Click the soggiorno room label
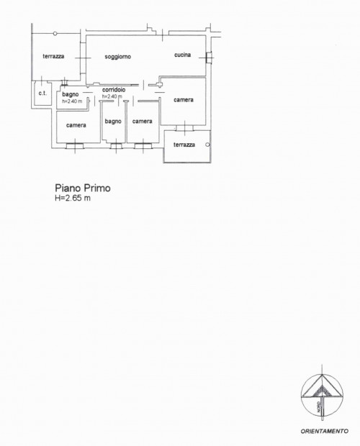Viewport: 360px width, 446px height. click(x=118, y=57)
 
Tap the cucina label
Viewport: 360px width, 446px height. click(x=182, y=55)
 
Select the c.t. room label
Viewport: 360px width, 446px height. click(x=42, y=93)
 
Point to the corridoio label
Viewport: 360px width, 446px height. click(x=114, y=90)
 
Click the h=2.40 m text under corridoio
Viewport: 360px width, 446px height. click(x=112, y=96)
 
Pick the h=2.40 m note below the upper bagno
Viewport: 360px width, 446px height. click(x=72, y=101)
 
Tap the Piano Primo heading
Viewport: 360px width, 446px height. click(x=83, y=188)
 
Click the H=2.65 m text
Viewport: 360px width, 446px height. click(x=73, y=199)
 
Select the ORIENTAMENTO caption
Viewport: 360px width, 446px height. click(x=325, y=431)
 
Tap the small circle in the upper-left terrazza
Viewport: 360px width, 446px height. click(x=55, y=34)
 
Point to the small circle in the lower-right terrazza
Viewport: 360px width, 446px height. click(x=207, y=145)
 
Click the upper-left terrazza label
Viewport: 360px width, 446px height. click(x=53, y=56)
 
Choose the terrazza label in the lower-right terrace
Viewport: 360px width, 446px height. click(x=184, y=145)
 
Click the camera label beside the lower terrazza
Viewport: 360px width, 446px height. click(x=184, y=100)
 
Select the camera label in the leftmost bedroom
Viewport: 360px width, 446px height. click(x=76, y=125)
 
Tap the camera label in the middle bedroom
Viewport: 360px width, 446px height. click(x=143, y=122)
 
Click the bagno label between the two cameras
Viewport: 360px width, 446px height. click(x=113, y=122)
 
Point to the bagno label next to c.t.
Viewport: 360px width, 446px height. click(x=71, y=94)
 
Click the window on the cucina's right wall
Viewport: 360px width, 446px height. click(x=209, y=58)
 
